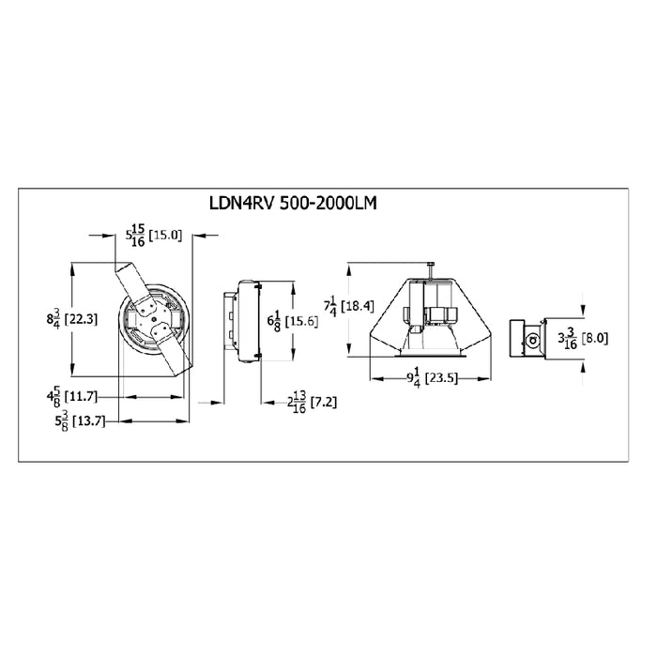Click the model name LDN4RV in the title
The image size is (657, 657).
click(238, 203)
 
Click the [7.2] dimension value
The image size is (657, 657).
click(322, 401)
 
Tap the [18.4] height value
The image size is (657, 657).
click(358, 305)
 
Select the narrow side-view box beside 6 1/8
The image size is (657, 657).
click(243, 319)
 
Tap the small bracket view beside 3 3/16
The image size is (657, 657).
click(527, 338)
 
